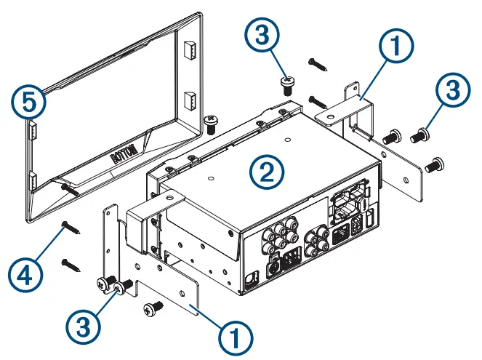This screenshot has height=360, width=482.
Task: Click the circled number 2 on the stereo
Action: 266,172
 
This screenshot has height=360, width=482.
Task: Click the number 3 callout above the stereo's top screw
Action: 262,35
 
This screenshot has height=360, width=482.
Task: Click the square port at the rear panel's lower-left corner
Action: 252,277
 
